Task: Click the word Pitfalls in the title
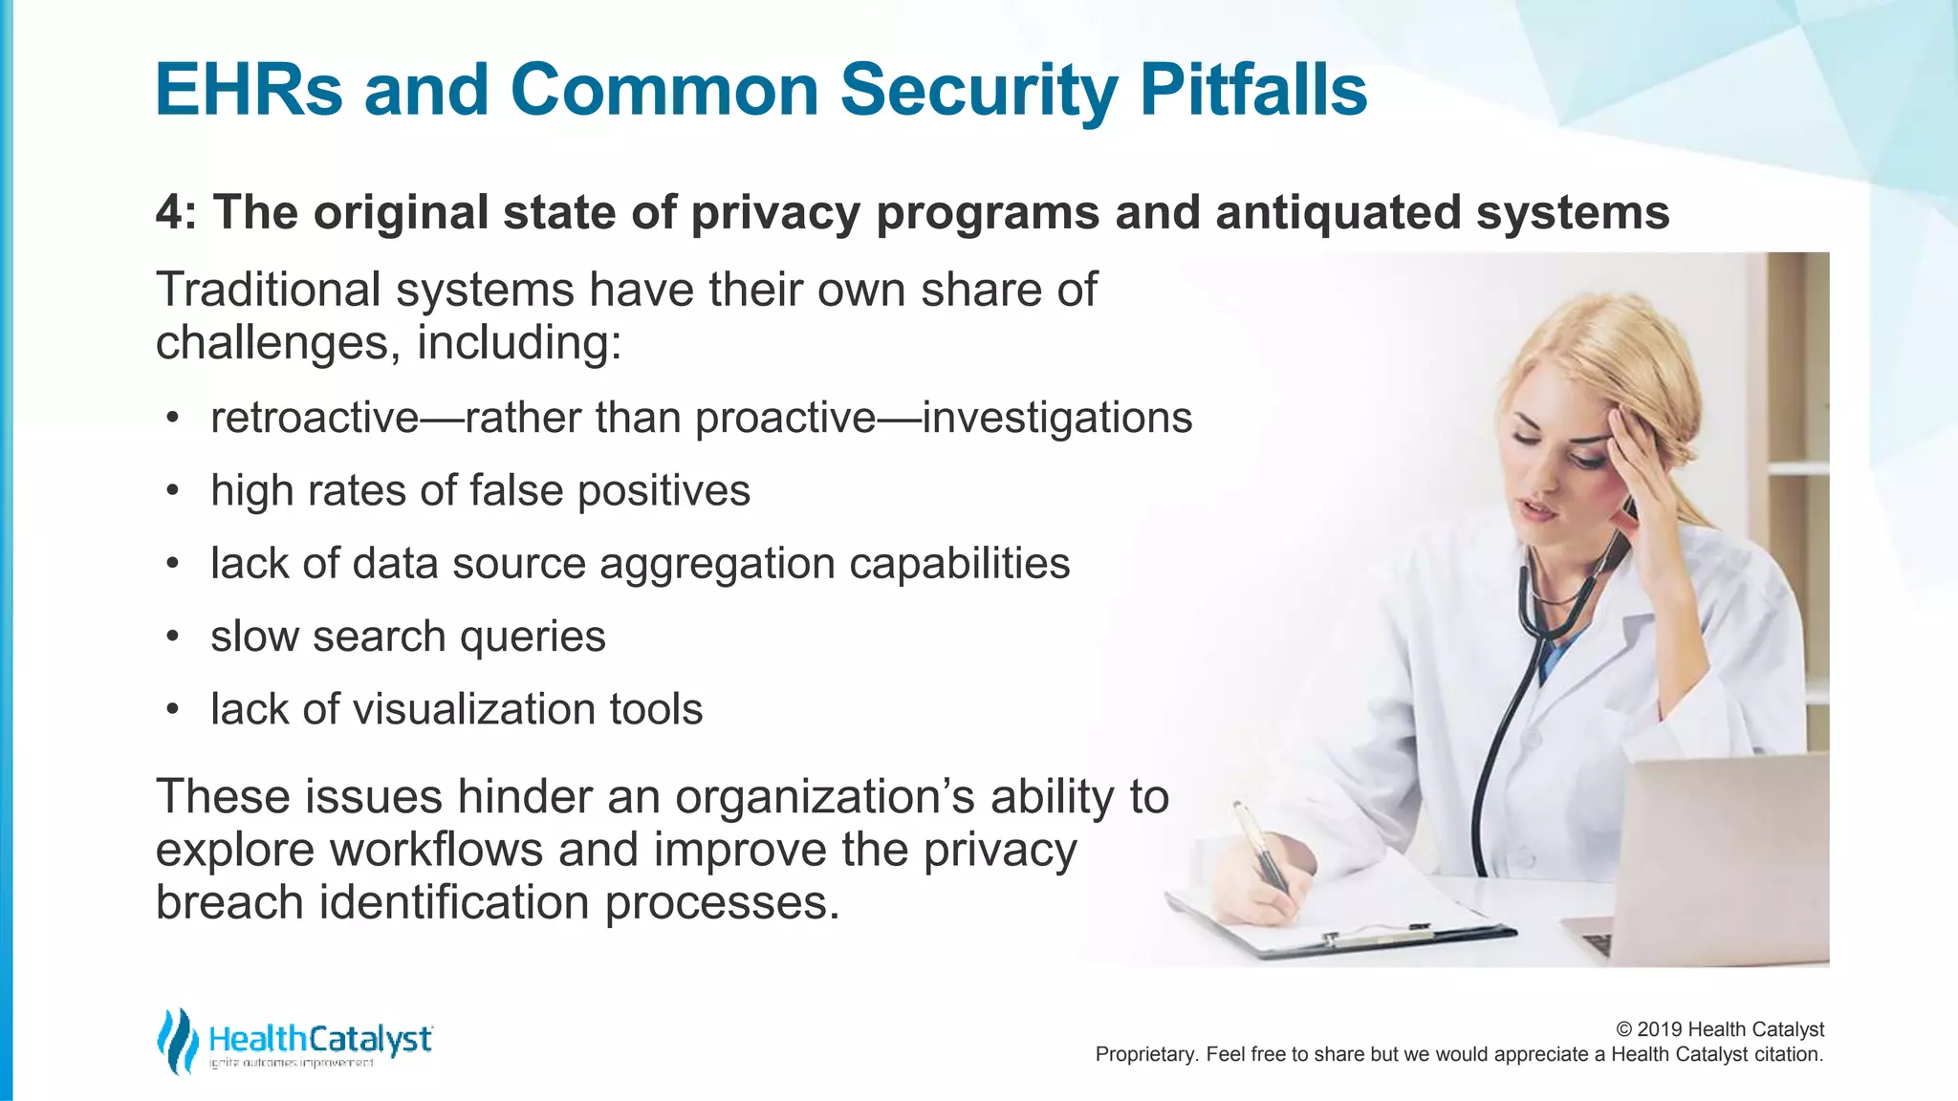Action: tap(1252, 90)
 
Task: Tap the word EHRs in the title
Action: tap(249, 90)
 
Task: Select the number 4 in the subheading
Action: tap(169, 212)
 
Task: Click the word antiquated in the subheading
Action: tap(1338, 212)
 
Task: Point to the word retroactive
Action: tap(315, 418)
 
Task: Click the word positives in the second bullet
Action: tap(664, 491)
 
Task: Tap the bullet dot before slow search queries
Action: tap(172, 637)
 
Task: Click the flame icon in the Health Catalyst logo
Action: tap(178, 1040)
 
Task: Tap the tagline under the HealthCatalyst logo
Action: tap(292, 1064)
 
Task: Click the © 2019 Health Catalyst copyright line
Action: tap(1719, 1029)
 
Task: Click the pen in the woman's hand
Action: tap(1262, 846)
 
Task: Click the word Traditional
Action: tap(267, 290)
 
